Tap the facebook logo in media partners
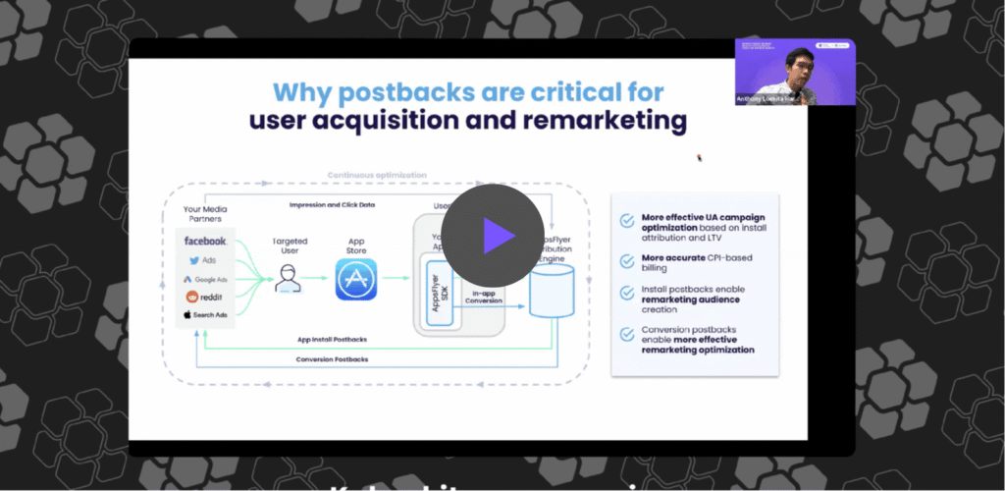click(205, 241)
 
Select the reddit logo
click(206, 297)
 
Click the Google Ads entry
click(205, 279)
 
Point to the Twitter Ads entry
click(205, 260)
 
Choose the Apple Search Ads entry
click(205, 315)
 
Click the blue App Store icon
click(356, 279)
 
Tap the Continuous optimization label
click(377, 175)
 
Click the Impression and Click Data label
click(336, 204)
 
